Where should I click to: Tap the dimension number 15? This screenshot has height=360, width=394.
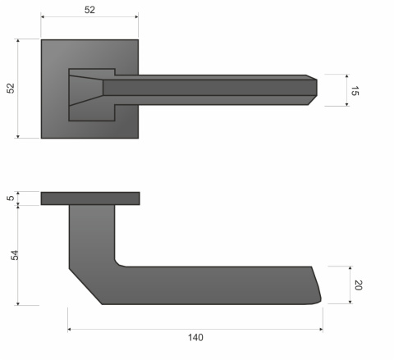pyautogui.click(x=355, y=91)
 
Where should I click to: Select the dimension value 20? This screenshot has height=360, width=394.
pyautogui.click(x=358, y=285)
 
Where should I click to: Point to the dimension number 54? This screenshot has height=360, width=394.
pyautogui.click(x=14, y=255)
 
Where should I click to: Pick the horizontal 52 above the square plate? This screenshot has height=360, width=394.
pyautogui.click(x=89, y=10)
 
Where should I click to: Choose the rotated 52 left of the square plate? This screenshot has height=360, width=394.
pyautogui.click(x=11, y=88)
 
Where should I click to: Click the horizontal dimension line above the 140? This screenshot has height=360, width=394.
pyautogui.click(x=195, y=330)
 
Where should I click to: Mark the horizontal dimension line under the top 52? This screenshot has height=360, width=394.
pyautogui.click(x=89, y=18)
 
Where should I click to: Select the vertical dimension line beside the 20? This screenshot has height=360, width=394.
pyautogui.click(x=350, y=285)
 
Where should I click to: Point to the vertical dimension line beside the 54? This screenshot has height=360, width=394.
pyautogui.click(x=19, y=255)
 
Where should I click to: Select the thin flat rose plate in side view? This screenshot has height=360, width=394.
pyautogui.click(x=89, y=198)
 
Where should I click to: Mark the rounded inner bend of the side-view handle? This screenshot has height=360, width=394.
pyautogui.click(x=119, y=262)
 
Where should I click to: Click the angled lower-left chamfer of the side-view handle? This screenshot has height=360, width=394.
pyautogui.click(x=85, y=286)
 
